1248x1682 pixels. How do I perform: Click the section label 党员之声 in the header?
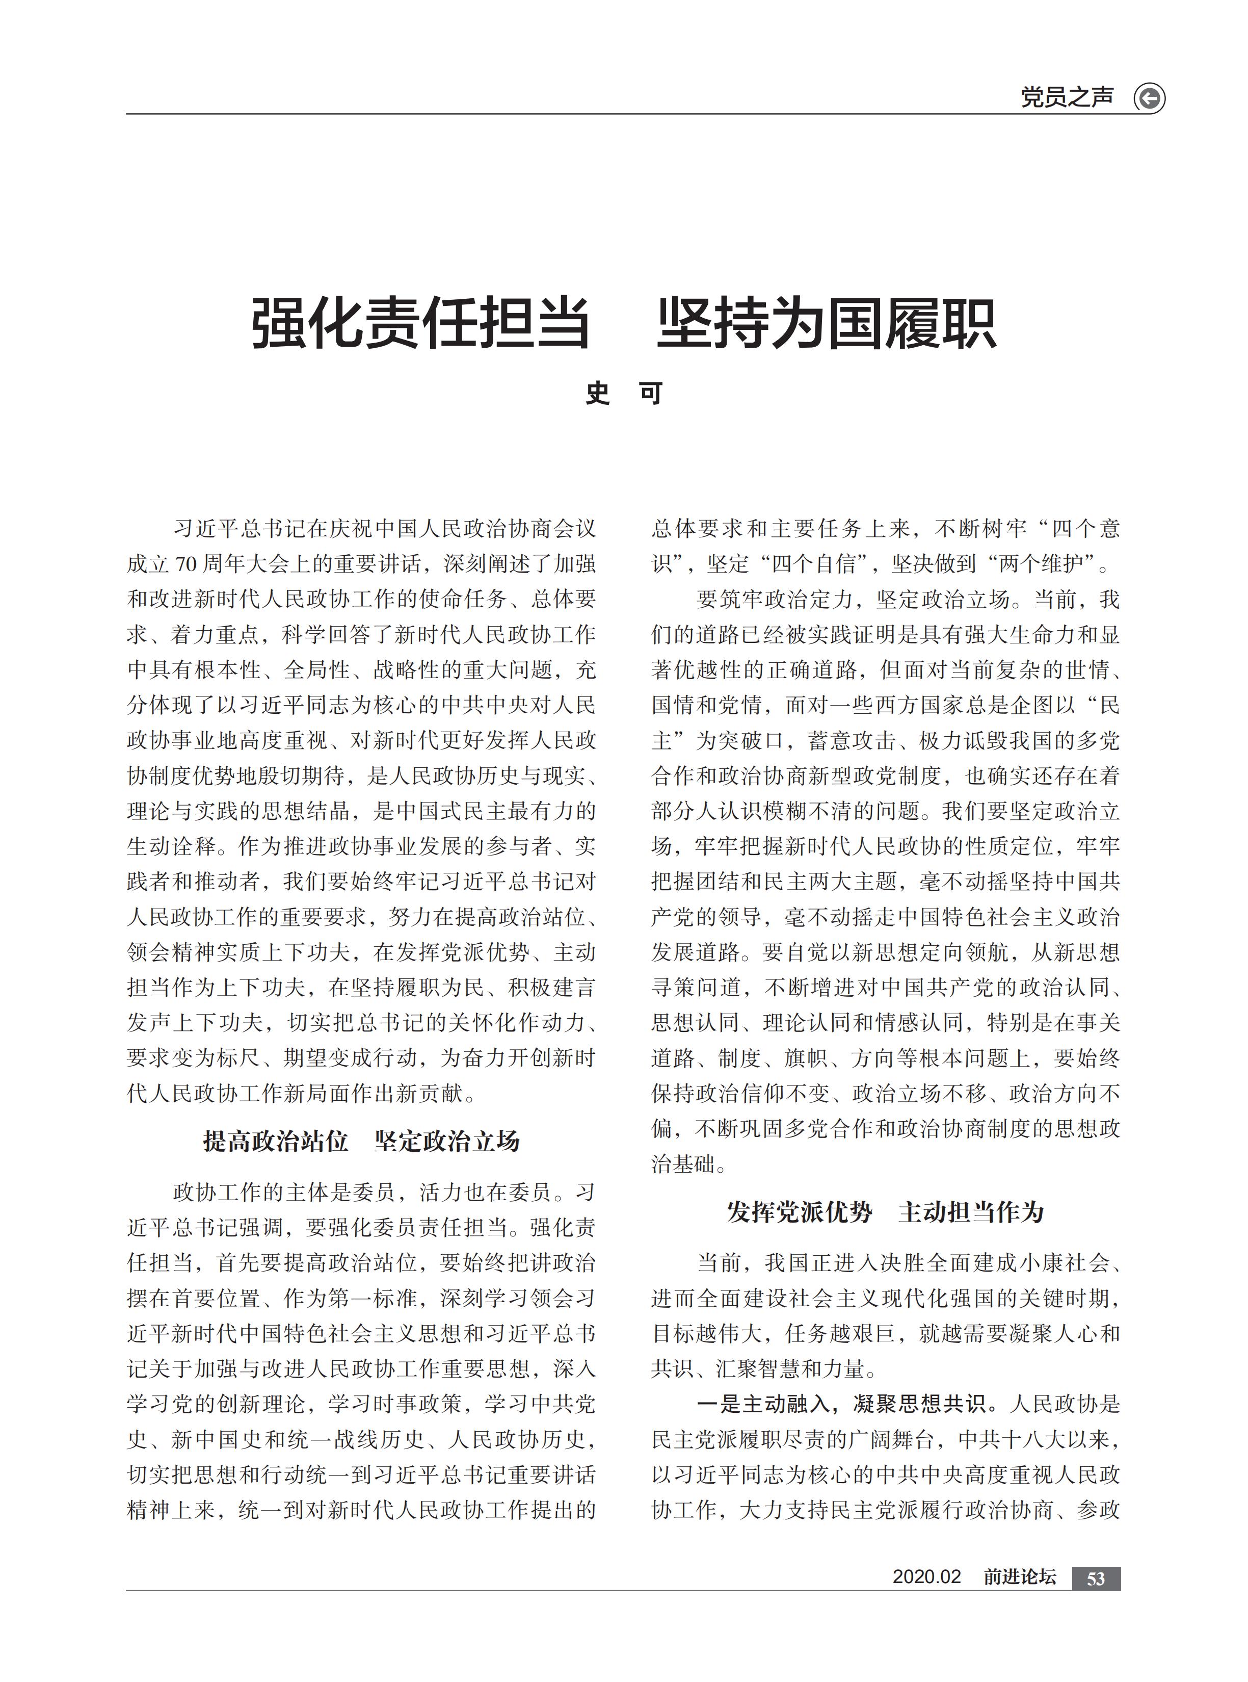(x=1066, y=97)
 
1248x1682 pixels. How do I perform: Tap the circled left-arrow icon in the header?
(x=1149, y=99)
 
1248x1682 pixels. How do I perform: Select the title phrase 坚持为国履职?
(x=827, y=323)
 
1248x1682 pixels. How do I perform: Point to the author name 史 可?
(x=624, y=394)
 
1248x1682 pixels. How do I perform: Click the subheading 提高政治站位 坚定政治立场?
(x=361, y=1141)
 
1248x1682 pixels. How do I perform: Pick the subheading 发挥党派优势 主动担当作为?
(x=885, y=1212)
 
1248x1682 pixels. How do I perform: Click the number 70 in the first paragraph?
(x=187, y=564)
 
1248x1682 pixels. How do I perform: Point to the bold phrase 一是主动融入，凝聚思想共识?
(x=841, y=1404)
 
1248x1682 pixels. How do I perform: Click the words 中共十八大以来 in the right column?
(x=1033, y=1439)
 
